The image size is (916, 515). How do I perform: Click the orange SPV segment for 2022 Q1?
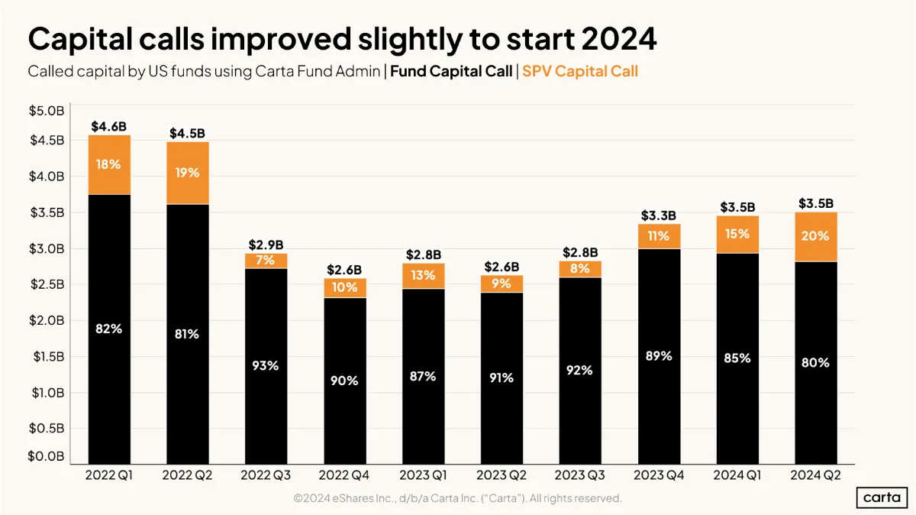(109, 164)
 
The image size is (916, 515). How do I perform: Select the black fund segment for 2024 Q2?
(816, 363)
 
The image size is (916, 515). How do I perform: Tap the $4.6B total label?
(108, 127)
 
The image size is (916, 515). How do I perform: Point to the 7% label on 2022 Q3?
(266, 260)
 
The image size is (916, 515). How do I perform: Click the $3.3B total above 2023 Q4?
(658, 215)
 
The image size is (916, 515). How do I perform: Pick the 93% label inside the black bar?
(266, 365)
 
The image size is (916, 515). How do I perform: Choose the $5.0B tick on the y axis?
(47, 111)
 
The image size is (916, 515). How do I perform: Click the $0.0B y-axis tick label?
(47, 456)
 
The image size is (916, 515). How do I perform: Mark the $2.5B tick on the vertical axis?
(47, 284)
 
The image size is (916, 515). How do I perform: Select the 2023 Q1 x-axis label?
(423, 475)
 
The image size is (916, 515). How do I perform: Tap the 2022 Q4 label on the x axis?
(344, 475)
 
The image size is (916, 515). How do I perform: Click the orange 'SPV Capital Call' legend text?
(580, 71)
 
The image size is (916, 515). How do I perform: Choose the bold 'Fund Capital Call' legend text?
(451, 71)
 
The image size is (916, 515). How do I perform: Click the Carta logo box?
(882, 497)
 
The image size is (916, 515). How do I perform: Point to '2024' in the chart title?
(619, 39)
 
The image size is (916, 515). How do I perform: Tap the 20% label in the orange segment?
(815, 236)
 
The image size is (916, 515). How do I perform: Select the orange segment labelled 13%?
(423, 276)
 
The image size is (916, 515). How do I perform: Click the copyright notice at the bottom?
(457, 498)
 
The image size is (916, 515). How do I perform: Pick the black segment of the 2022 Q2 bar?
(188, 334)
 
